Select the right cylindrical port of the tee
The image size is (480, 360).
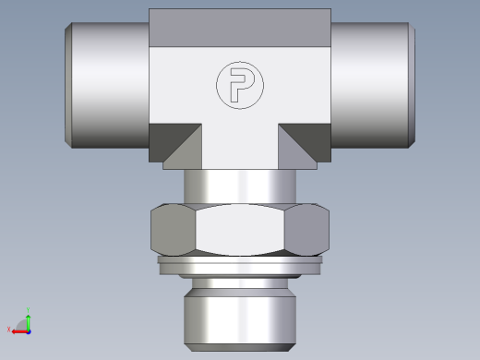click(369, 85)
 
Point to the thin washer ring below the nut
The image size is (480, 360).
click(240, 263)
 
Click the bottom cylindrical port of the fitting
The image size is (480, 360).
click(240, 318)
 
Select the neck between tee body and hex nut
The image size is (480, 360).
click(240, 185)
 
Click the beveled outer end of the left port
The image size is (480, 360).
click(68, 85)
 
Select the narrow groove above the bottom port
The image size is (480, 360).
click(240, 281)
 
